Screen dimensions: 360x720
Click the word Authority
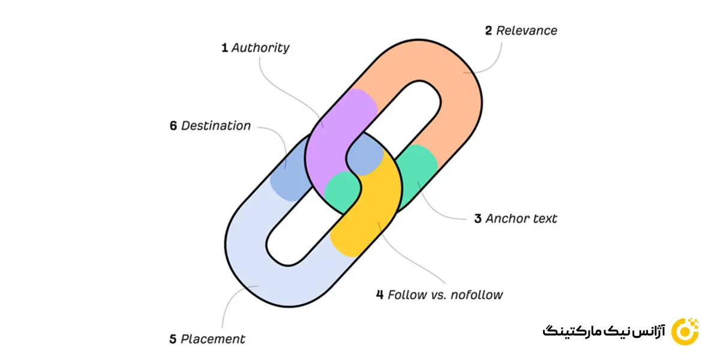click(260, 48)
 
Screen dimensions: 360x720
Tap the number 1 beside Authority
click(224, 48)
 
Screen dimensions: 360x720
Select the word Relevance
click(527, 31)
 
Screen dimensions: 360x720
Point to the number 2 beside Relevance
click(489, 31)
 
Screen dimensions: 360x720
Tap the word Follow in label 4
click(406, 295)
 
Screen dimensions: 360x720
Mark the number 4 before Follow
click(380, 295)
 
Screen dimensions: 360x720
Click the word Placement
click(213, 339)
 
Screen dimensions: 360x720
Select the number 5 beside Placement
click(173, 339)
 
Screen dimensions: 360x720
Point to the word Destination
click(216, 126)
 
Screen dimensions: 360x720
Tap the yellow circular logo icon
click(684, 331)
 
